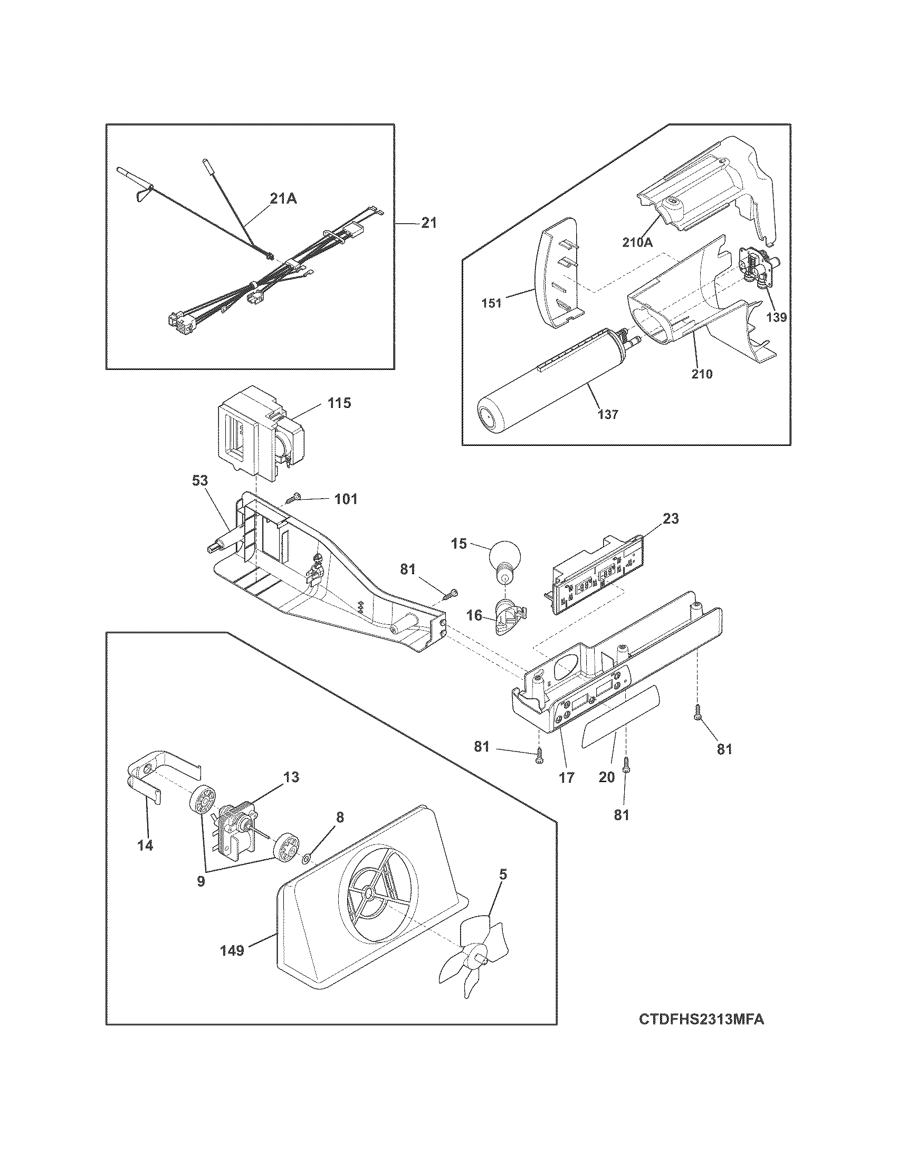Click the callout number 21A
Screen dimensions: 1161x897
[283, 199]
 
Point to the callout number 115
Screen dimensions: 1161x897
[339, 403]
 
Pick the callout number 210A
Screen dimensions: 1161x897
[637, 242]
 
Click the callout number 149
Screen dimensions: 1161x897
[232, 950]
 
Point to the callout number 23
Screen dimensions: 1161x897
[671, 518]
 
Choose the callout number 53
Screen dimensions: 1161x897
[201, 481]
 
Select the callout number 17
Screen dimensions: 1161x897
[567, 777]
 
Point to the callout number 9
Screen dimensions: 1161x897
[201, 881]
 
